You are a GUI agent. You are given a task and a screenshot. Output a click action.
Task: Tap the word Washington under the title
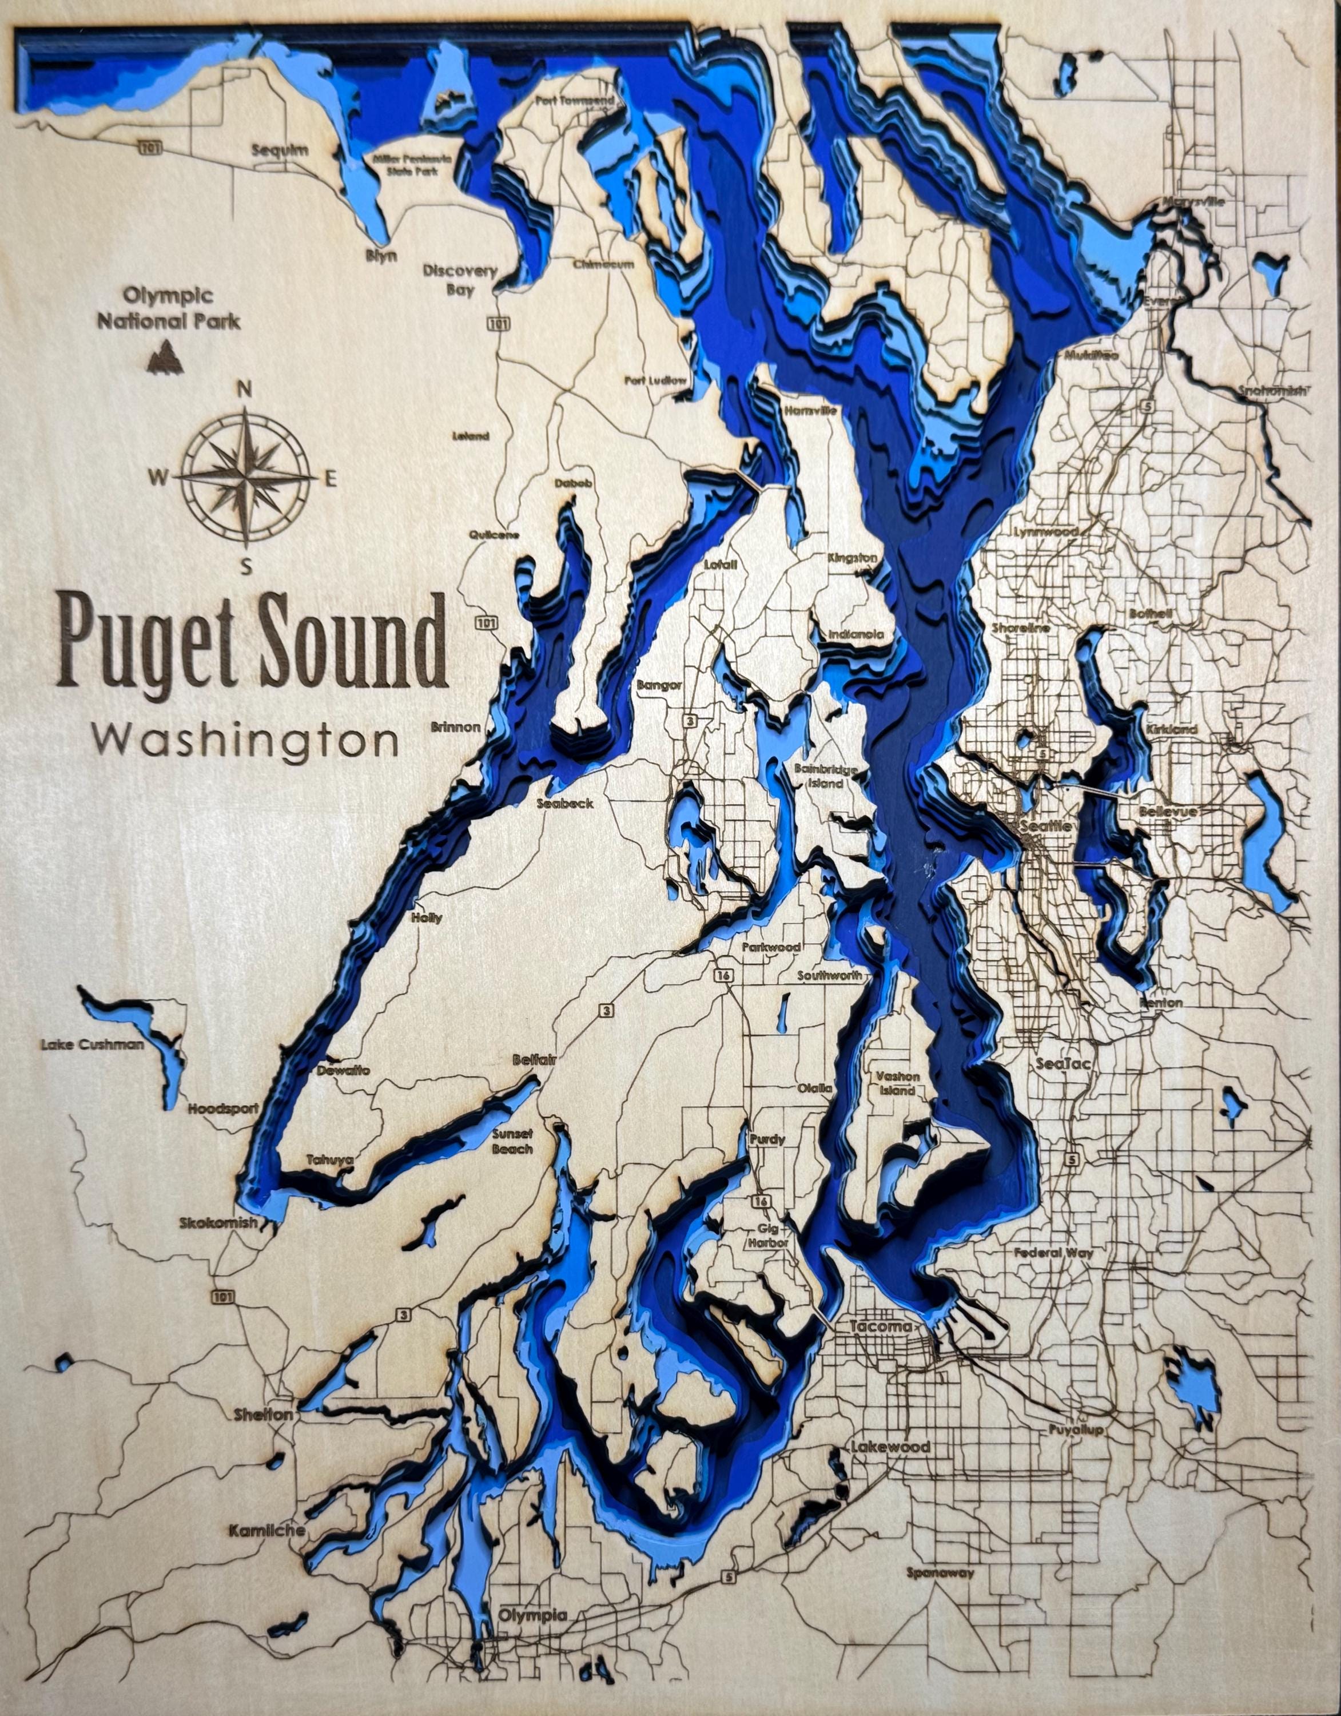245,740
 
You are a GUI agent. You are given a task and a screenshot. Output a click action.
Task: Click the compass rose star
246,477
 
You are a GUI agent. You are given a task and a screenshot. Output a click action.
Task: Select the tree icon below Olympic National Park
166,355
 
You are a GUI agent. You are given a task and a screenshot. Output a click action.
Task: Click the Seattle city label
1045,827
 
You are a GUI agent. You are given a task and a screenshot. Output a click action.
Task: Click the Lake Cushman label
93,1044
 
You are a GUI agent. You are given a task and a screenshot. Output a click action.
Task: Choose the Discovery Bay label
460,280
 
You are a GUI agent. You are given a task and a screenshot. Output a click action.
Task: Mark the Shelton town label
263,1415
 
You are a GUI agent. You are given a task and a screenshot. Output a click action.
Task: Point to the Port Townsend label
574,101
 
